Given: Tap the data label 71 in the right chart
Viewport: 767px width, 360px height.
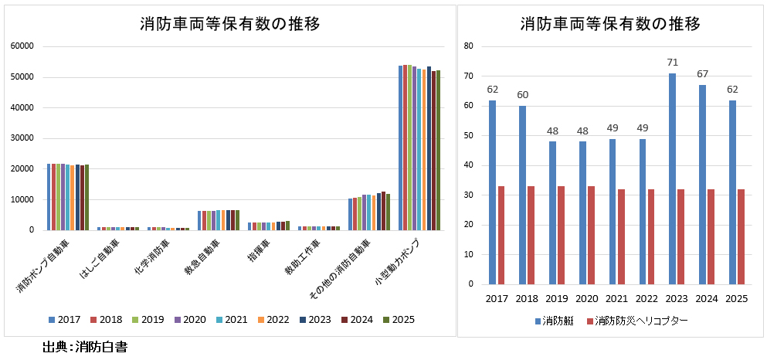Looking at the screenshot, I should click(672, 62).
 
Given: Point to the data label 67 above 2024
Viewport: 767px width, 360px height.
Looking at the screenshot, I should click(702, 73).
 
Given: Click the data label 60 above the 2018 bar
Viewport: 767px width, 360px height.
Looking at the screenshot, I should click(522, 94).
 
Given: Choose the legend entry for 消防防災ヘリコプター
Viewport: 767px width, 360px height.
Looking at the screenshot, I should click(636, 320).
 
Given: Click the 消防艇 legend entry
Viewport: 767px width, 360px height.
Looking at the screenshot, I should click(553, 320).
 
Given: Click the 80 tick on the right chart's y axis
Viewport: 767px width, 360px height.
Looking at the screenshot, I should click(468, 46).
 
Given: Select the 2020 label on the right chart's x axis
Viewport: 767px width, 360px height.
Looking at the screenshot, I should click(587, 298).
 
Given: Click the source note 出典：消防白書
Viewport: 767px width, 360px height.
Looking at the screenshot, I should click(85, 348).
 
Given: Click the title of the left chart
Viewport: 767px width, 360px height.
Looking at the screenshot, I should click(230, 23).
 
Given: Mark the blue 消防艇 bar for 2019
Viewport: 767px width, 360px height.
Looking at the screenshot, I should click(552, 212).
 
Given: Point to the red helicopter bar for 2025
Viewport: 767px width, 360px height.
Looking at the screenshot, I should click(741, 236).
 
